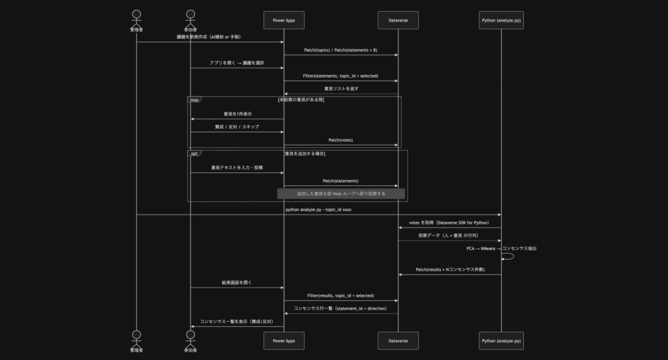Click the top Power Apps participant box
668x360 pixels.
coord(283,20)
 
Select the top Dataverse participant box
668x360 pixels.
coord(398,20)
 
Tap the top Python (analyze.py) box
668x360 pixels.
coord(501,20)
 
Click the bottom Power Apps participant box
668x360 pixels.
coord(283,340)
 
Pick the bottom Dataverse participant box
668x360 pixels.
coord(398,340)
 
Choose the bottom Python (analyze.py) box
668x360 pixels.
coord(501,340)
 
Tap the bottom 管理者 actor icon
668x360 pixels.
coord(136,337)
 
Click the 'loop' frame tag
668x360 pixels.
coord(194,100)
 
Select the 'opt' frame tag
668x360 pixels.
coord(194,153)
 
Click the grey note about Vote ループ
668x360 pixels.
coord(341,194)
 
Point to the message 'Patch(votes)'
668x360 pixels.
coord(341,140)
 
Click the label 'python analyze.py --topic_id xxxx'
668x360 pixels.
coord(318,210)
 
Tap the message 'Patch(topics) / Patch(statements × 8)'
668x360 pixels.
coord(341,50)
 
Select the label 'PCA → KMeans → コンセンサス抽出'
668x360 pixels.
coord(502,248)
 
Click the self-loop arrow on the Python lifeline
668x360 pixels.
coord(509,256)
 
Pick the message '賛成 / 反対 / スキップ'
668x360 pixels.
coord(237,127)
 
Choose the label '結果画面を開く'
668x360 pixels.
coord(237,283)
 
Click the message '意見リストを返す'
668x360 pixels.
coord(341,89)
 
